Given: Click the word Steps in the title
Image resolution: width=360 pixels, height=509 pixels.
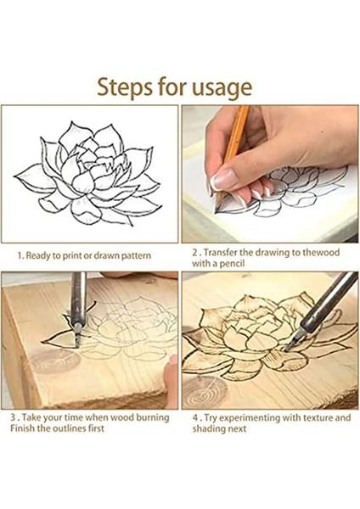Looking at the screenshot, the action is tap(125, 87).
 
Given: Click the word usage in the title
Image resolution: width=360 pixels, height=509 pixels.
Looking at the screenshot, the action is tap(222, 88).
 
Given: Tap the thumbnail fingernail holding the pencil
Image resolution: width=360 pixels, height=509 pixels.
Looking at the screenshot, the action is tap(223, 179).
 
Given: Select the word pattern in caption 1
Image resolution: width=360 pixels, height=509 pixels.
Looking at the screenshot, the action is tap(136, 256).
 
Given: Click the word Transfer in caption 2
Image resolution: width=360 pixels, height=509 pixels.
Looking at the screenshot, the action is tap(220, 253).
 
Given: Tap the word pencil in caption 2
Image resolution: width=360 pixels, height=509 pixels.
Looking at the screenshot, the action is tap(232, 263).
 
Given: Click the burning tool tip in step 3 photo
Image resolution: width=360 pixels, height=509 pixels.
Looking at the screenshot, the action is tap(77, 340).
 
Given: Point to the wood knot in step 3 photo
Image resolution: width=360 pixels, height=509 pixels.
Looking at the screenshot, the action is tap(54, 361).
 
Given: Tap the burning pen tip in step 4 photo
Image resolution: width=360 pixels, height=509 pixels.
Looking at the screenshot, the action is tap(289, 349).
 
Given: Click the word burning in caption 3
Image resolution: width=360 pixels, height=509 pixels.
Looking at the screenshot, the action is tap(153, 417).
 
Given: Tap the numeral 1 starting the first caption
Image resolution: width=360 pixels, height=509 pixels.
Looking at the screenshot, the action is tap(20, 256).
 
